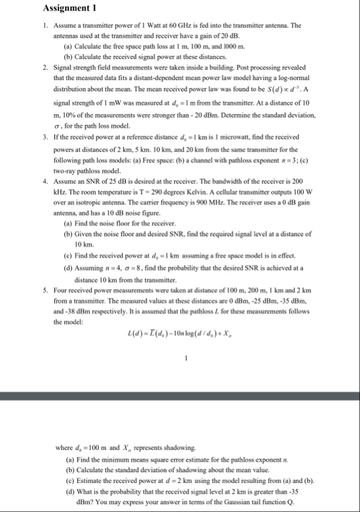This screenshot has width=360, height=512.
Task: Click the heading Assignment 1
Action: coord(69,8)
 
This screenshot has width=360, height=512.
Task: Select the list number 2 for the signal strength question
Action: coord(45,67)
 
